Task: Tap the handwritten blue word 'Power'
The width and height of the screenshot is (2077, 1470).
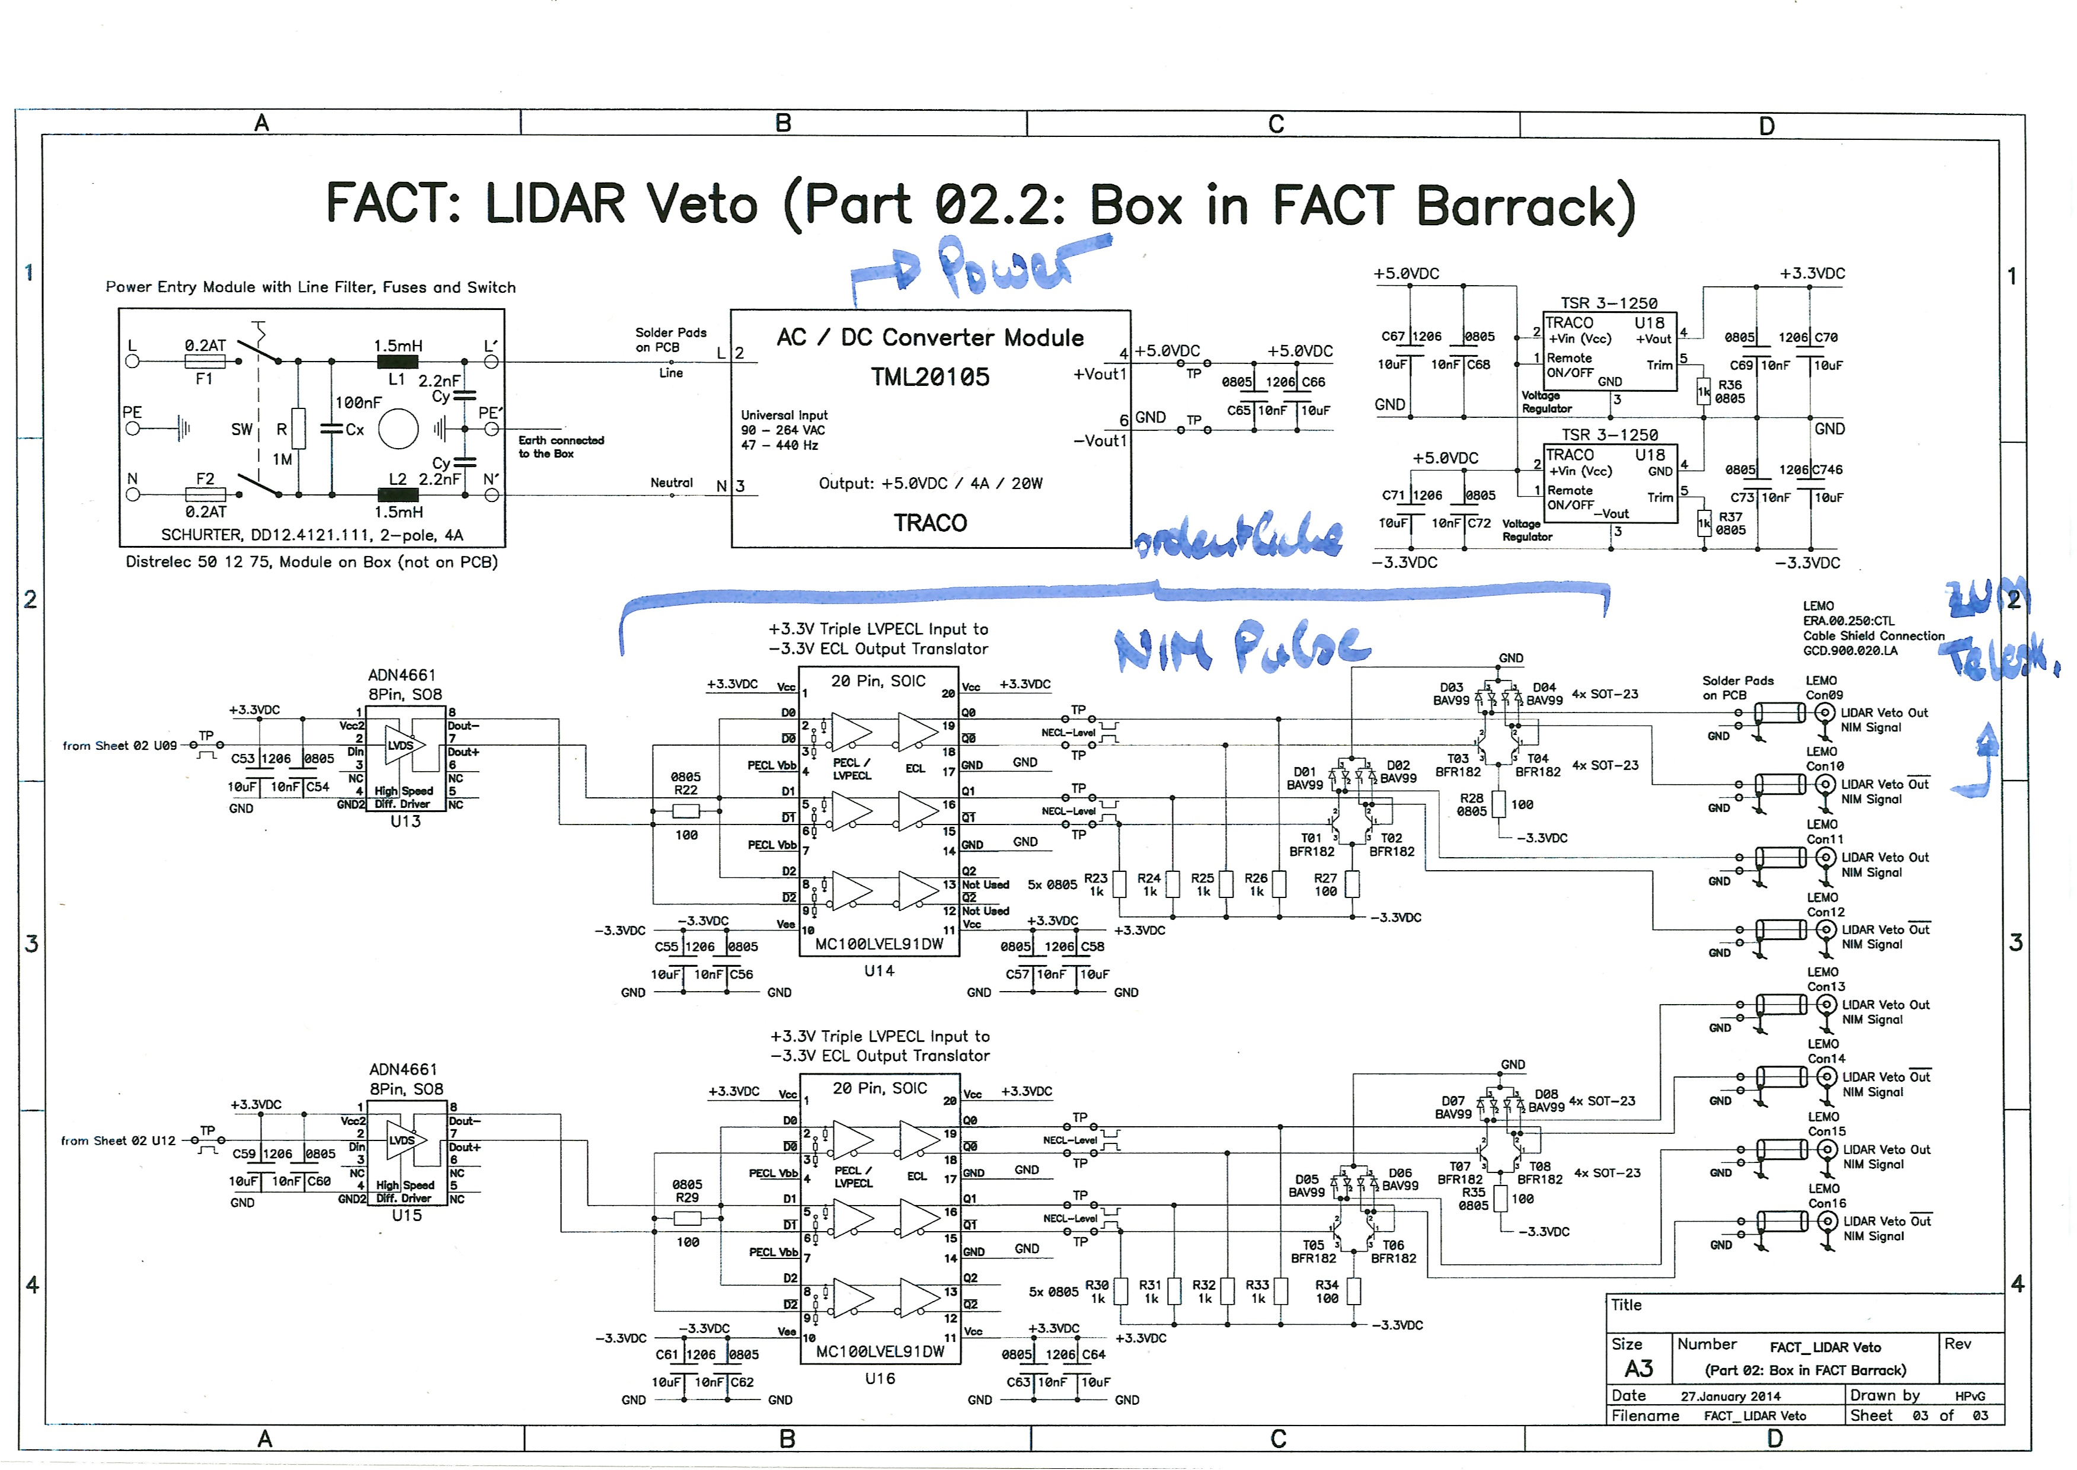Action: [x=1005, y=267]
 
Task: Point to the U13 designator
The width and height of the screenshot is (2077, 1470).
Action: [x=405, y=821]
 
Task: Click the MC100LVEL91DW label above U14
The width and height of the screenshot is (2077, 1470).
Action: [x=879, y=944]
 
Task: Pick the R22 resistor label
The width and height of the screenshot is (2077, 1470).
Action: [x=685, y=790]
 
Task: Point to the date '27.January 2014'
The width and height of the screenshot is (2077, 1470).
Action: [x=1730, y=1396]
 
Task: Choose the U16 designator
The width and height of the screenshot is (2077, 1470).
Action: [x=880, y=1379]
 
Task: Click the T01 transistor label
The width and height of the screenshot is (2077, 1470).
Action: [x=1311, y=838]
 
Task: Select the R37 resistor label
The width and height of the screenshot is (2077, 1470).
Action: [x=1730, y=517]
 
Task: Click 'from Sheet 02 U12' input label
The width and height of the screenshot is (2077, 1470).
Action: [x=117, y=1140]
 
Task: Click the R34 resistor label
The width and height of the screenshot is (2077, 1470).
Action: [x=1326, y=1284]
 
